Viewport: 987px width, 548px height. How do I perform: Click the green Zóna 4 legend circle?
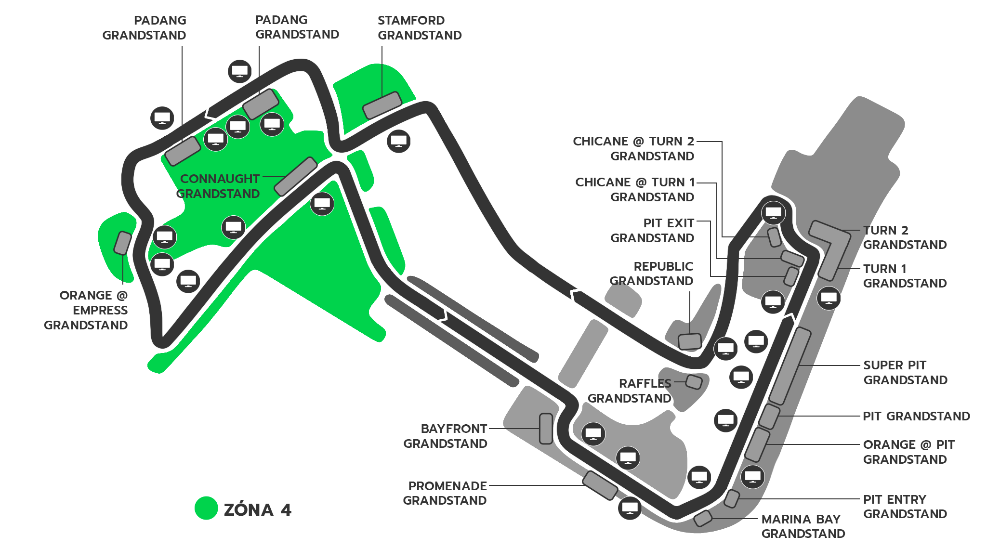tap(206, 509)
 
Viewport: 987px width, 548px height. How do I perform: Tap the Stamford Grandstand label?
tap(420, 28)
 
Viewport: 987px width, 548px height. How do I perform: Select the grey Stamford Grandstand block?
tap(382, 105)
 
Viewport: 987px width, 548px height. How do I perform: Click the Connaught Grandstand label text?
tap(218, 186)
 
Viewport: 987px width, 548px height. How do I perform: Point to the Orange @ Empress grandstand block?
tap(122, 243)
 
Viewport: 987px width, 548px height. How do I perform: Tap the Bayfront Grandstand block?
tap(546, 429)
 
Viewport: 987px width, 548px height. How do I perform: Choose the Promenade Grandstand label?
tap(445, 493)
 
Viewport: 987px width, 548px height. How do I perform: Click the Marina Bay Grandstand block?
tap(703, 518)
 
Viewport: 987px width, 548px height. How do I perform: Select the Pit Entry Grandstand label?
tap(905, 507)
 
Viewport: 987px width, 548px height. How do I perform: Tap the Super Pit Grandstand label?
tap(906, 372)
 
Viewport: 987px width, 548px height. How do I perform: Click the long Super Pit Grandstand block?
tap(790, 366)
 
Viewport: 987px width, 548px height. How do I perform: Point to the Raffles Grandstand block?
tap(694, 382)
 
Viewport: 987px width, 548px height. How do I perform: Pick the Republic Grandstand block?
tap(689, 341)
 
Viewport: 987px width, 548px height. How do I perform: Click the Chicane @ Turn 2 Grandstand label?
tap(633, 148)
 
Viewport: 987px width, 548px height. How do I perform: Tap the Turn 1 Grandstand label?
tap(905, 276)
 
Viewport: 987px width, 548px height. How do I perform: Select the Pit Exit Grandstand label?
tap(652, 231)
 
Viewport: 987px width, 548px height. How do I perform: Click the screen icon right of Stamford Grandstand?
tap(399, 141)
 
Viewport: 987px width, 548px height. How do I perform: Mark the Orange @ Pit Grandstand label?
tap(908, 452)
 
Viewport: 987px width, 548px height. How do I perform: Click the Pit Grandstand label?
tap(916, 416)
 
